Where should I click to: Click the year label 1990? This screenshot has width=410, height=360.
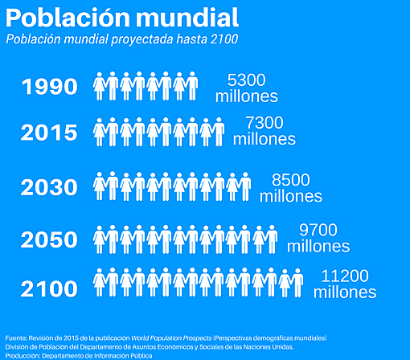pos(49,87)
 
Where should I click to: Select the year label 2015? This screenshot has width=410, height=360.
pos(49,133)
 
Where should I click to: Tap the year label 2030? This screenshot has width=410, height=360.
pos(49,188)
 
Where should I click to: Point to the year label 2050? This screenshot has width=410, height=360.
pos(49,240)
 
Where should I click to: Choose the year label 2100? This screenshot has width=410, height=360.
pos(49,287)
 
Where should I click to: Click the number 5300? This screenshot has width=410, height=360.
pos(246,80)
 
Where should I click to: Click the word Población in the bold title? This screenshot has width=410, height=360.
pos(65,18)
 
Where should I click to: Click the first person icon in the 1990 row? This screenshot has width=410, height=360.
pos(100,86)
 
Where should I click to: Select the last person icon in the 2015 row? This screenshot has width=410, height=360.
pos(218,131)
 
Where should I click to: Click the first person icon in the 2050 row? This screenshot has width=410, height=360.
pos(100,239)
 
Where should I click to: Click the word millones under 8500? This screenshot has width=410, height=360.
pos(290,196)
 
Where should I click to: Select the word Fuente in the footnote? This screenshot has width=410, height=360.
pos(16,337)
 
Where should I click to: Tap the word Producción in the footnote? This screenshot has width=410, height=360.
pos(22,355)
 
